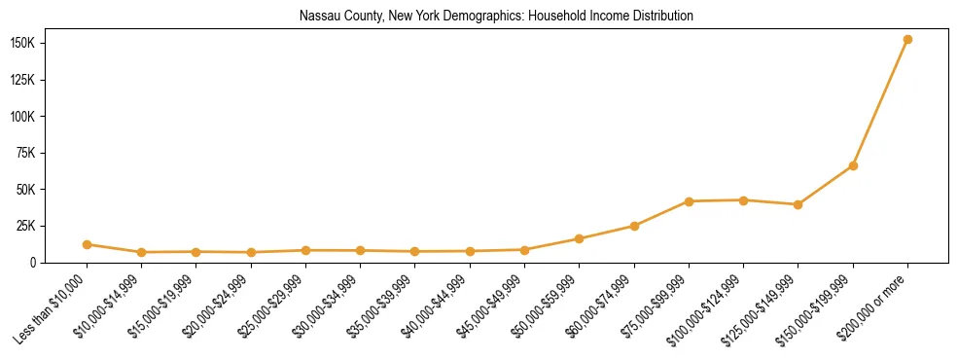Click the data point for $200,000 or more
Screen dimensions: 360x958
tap(907, 40)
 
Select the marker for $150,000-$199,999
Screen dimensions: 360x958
tap(853, 166)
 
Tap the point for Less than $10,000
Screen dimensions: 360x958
tap(88, 244)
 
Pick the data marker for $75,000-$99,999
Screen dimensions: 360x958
tap(689, 201)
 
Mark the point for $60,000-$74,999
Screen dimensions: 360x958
tap(634, 226)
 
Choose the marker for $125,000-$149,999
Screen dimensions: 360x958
tap(798, 204)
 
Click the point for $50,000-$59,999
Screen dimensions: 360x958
tap(580, 238)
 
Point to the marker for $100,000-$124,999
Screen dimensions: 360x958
tap(743, 200)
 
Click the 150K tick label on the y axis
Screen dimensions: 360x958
tap(50, 44)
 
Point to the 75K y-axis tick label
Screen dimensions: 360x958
tap(53, 153)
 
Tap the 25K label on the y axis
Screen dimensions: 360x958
tap(53, 226)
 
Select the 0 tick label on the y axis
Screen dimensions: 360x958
tap(60, 262)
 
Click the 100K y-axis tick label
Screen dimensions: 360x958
tap(50, 117)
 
